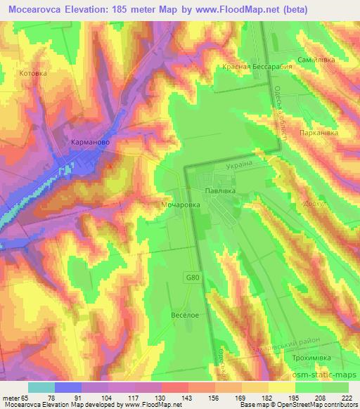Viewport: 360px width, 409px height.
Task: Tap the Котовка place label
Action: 33,73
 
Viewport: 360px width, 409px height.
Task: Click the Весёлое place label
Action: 186,316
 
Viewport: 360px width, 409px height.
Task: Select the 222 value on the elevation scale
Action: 347,397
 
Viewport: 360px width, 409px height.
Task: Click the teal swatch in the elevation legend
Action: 41,387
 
